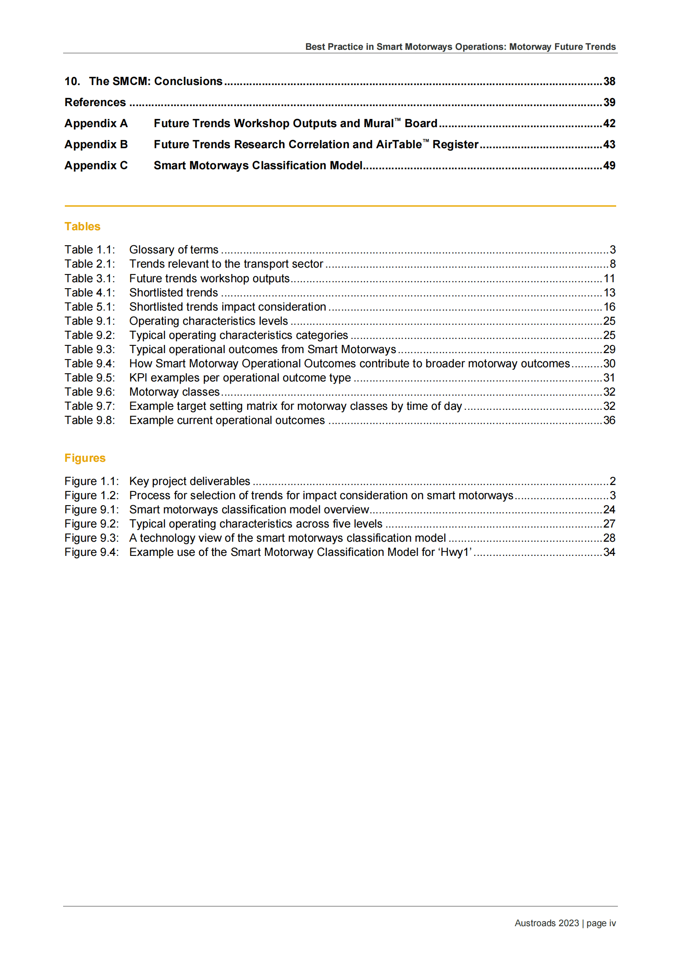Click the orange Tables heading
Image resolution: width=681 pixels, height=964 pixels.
coord(82,226)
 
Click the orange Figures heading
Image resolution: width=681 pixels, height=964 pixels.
coord(85,458)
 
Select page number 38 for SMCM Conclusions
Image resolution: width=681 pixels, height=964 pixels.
coord(609,81)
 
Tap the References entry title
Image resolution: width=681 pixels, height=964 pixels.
coord(95,102)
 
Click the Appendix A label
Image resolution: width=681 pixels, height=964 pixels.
coord(96,123)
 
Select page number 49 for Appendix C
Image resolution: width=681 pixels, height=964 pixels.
coord(609,165)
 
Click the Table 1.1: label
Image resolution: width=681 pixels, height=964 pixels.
coord(90,250)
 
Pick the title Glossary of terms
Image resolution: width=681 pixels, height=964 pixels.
coord(174,250)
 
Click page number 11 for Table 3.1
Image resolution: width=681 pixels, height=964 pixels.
coord(609,278)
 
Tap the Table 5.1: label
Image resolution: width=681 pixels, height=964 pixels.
coord(90,307)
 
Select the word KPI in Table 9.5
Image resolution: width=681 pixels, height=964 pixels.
coord(138,378)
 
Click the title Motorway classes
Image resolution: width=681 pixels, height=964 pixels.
coord(174,392)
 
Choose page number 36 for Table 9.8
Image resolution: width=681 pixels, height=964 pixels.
coord(609,420)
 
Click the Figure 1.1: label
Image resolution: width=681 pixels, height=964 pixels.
coord(91,481)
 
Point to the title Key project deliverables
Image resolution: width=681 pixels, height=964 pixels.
coord(190,481)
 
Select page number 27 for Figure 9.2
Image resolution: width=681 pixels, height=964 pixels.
coord(609,524)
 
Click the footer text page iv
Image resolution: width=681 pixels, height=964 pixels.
coord(601,923)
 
